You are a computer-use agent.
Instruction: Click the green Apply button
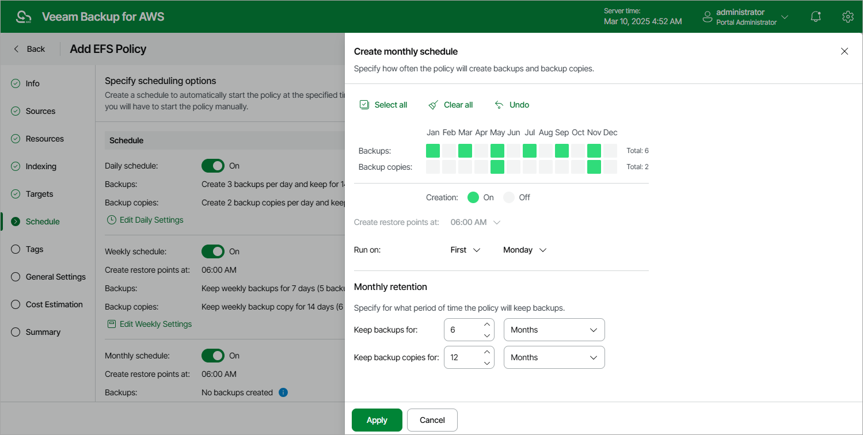click(x=377, y=420)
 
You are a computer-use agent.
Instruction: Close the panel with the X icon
click(x=845, y=51)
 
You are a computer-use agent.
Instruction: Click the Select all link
click(x=383, y=105)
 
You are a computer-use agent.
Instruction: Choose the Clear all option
click(x=451, y=105)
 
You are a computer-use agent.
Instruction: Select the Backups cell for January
click(x=433, y=151)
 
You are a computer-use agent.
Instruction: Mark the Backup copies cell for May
click(x=497, y=167)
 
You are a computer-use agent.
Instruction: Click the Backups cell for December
click(x=610, y=151)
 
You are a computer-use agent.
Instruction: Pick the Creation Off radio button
click(x=509, y=197)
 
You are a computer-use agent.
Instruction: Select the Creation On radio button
click(x=473, y=197)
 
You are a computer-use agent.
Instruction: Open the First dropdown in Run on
click(x=465, y=250)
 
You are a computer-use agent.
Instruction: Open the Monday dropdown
click(x=524, y=250)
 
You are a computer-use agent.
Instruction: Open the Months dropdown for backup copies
click(x=554, y=357)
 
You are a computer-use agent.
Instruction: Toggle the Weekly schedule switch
click(x=213, y=251)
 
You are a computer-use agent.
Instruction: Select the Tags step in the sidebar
click(x=35, y=249)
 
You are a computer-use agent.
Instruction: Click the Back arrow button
click(x=29, y=49)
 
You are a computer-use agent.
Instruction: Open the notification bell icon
click(x=815, y=17)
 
